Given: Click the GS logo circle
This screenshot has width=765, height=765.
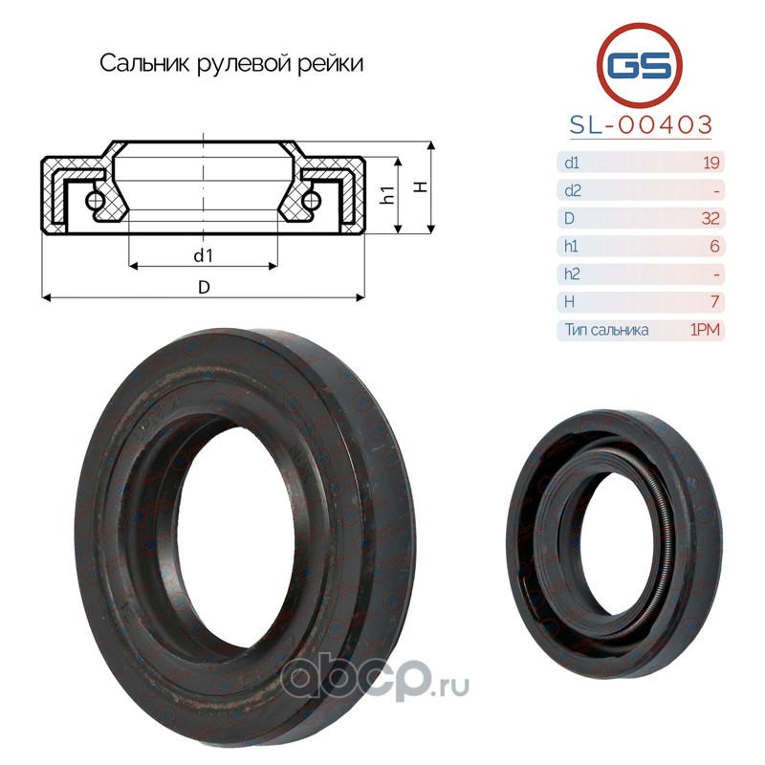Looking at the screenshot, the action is (639, 65).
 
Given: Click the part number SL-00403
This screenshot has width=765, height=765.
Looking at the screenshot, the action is (641, 125).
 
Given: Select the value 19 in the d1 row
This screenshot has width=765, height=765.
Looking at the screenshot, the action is (711, 163).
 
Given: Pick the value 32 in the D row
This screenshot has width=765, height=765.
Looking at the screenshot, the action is (710, 218).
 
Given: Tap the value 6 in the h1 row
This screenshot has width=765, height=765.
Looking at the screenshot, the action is (714, 246).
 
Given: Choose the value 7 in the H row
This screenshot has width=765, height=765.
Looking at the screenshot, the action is (715, 301).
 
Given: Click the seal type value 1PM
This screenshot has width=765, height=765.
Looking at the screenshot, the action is (705, 330).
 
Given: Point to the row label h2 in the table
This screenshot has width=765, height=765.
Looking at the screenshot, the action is (572, 273).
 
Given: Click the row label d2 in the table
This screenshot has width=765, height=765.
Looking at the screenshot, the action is (573, 190).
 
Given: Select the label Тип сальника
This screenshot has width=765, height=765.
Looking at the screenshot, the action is (606, 330).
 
